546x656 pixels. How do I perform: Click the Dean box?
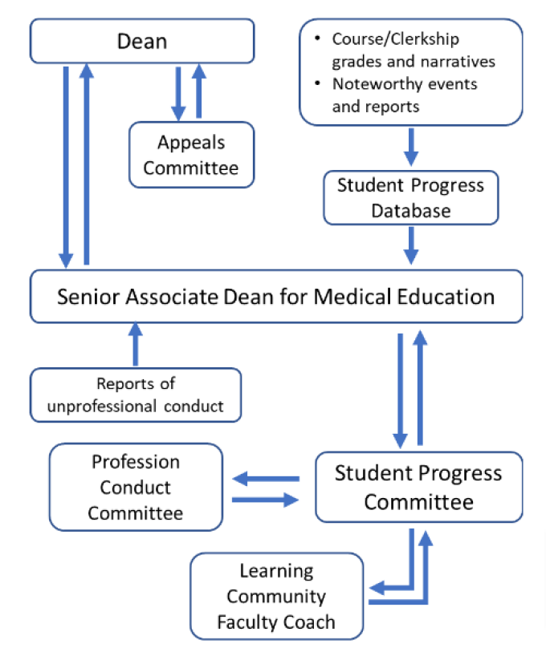142,40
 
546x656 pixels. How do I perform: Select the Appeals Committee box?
191,155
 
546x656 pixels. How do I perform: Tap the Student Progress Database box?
410,198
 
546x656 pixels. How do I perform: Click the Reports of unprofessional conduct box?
135,395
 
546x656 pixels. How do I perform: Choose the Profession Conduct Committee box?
136,487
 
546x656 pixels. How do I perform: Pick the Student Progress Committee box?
418,487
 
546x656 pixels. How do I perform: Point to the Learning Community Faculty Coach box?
276,596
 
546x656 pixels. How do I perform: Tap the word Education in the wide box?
446,297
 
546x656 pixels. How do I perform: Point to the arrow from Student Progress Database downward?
411,245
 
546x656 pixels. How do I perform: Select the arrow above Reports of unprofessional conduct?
134,342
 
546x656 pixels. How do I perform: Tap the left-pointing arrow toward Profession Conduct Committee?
265,479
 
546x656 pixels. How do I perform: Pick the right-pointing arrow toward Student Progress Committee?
265,500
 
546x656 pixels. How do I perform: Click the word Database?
410,211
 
